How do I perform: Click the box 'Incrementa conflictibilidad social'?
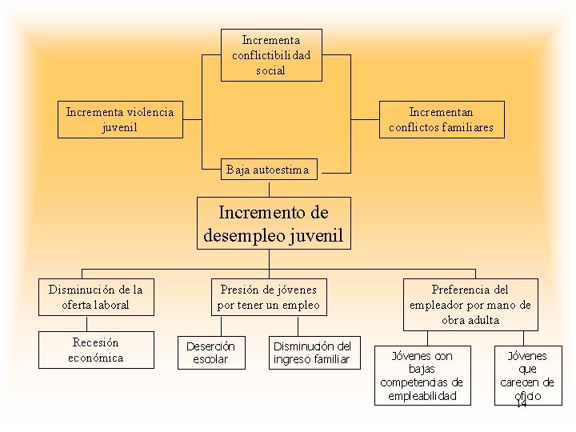tap(271, 55)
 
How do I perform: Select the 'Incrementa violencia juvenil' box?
tap(120, 119)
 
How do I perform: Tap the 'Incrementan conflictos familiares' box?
tap(441, 119)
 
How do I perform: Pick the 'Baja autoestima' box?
tap(270, 169)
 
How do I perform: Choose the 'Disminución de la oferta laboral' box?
tap(95, 297)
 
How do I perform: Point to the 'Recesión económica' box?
tap(95, 350)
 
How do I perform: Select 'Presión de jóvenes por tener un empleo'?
tap(268, 297)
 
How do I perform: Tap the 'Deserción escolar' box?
tap(210, 353)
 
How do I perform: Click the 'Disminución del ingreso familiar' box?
tap(312, 353)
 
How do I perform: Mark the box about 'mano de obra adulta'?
tap(470, 304)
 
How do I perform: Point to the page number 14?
tap(521, 404)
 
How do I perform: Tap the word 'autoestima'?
tap(285, 169)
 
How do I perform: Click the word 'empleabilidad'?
tap(421, 396)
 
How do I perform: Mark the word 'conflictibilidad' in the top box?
tap(271, 55)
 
